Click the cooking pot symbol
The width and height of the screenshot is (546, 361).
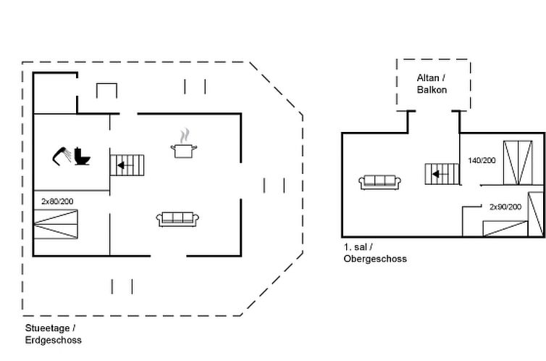pos(183,150)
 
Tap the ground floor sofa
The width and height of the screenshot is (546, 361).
pos(177,218)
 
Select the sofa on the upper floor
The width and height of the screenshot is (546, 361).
pos(380,181)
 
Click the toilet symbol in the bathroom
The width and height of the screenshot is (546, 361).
pos(81,157)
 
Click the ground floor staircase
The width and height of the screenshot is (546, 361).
pos(127,165)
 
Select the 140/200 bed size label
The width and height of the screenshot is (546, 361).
pos(482,160)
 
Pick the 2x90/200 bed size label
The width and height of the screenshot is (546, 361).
pos(505,207)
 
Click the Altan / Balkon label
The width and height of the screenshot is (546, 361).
pos(432,84)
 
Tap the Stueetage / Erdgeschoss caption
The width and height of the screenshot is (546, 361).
pos(54,334)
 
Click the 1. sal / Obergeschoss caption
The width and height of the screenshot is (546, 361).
pos(375,253)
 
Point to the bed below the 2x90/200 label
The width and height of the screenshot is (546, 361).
pos(504,228)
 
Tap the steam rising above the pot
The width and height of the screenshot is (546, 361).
pos(185,136)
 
